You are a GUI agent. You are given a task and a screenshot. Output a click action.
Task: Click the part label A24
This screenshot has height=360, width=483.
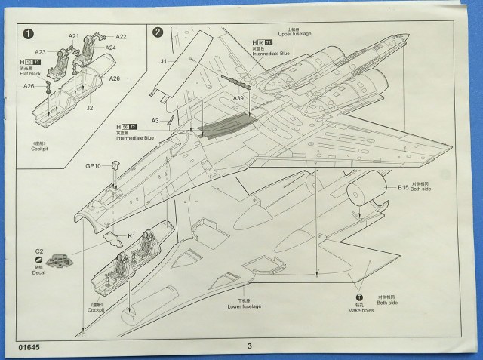110,48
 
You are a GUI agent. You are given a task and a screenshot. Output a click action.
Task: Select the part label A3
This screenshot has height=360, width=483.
155,121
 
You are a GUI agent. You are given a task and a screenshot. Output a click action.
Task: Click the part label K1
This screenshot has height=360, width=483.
131,236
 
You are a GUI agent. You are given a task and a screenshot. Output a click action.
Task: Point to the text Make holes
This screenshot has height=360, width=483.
361,310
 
